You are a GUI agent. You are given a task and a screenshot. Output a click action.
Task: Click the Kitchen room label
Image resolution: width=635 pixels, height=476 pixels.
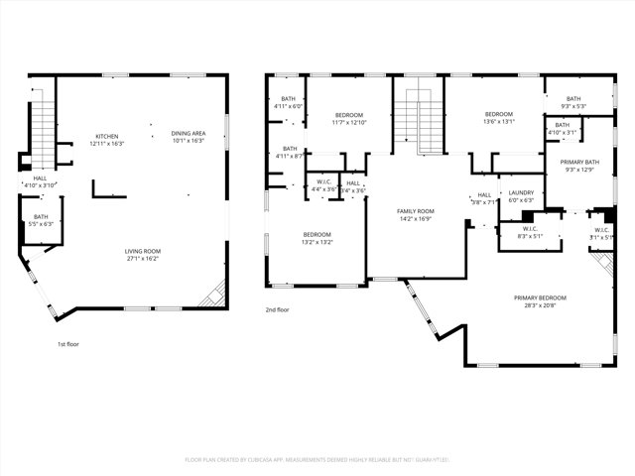click(x=106, y=136)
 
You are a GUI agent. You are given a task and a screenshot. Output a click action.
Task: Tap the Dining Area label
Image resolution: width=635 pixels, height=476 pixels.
click(x=189, y=133)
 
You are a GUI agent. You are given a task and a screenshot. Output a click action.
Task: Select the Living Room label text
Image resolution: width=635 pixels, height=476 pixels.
click(x=144, y=252)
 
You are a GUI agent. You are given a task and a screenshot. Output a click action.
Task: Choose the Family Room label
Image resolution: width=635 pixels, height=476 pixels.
click(x=417, y=211)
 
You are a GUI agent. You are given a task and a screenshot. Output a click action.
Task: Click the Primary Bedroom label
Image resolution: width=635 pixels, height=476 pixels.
click(x=540, y=298)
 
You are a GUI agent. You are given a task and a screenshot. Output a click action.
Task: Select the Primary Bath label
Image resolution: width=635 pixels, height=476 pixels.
click(x=579, y=162)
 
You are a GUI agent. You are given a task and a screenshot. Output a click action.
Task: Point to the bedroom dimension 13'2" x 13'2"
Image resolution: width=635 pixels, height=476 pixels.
click(x=317, y=241)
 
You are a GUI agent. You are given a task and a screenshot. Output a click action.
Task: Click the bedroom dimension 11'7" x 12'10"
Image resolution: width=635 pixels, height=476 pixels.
click(x=349, y=122)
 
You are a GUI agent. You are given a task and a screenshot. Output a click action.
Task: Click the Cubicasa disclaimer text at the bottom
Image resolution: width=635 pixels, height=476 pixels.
click(x=317, y=459)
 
